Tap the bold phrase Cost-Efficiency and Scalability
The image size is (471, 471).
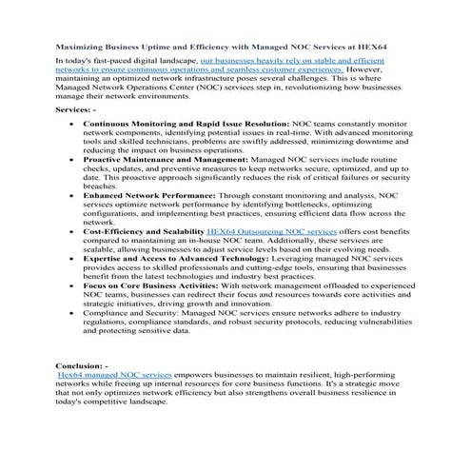coord(143,231)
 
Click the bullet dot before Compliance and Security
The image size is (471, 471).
coord(72,312)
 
